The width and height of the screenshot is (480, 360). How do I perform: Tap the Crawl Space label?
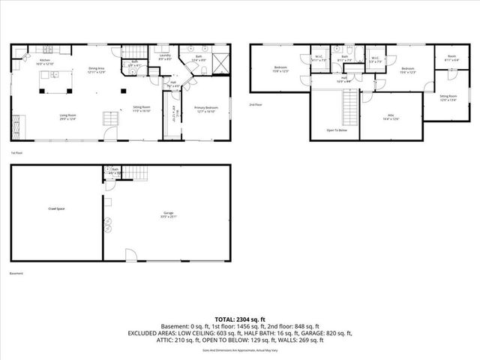click(55, 208)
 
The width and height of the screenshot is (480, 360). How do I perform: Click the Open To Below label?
click(336, 130)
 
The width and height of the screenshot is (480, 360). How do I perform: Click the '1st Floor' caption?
click(16, 153)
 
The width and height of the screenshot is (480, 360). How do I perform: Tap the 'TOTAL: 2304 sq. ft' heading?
click(240, 319)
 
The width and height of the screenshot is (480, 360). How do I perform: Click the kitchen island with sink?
click(53, 76)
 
